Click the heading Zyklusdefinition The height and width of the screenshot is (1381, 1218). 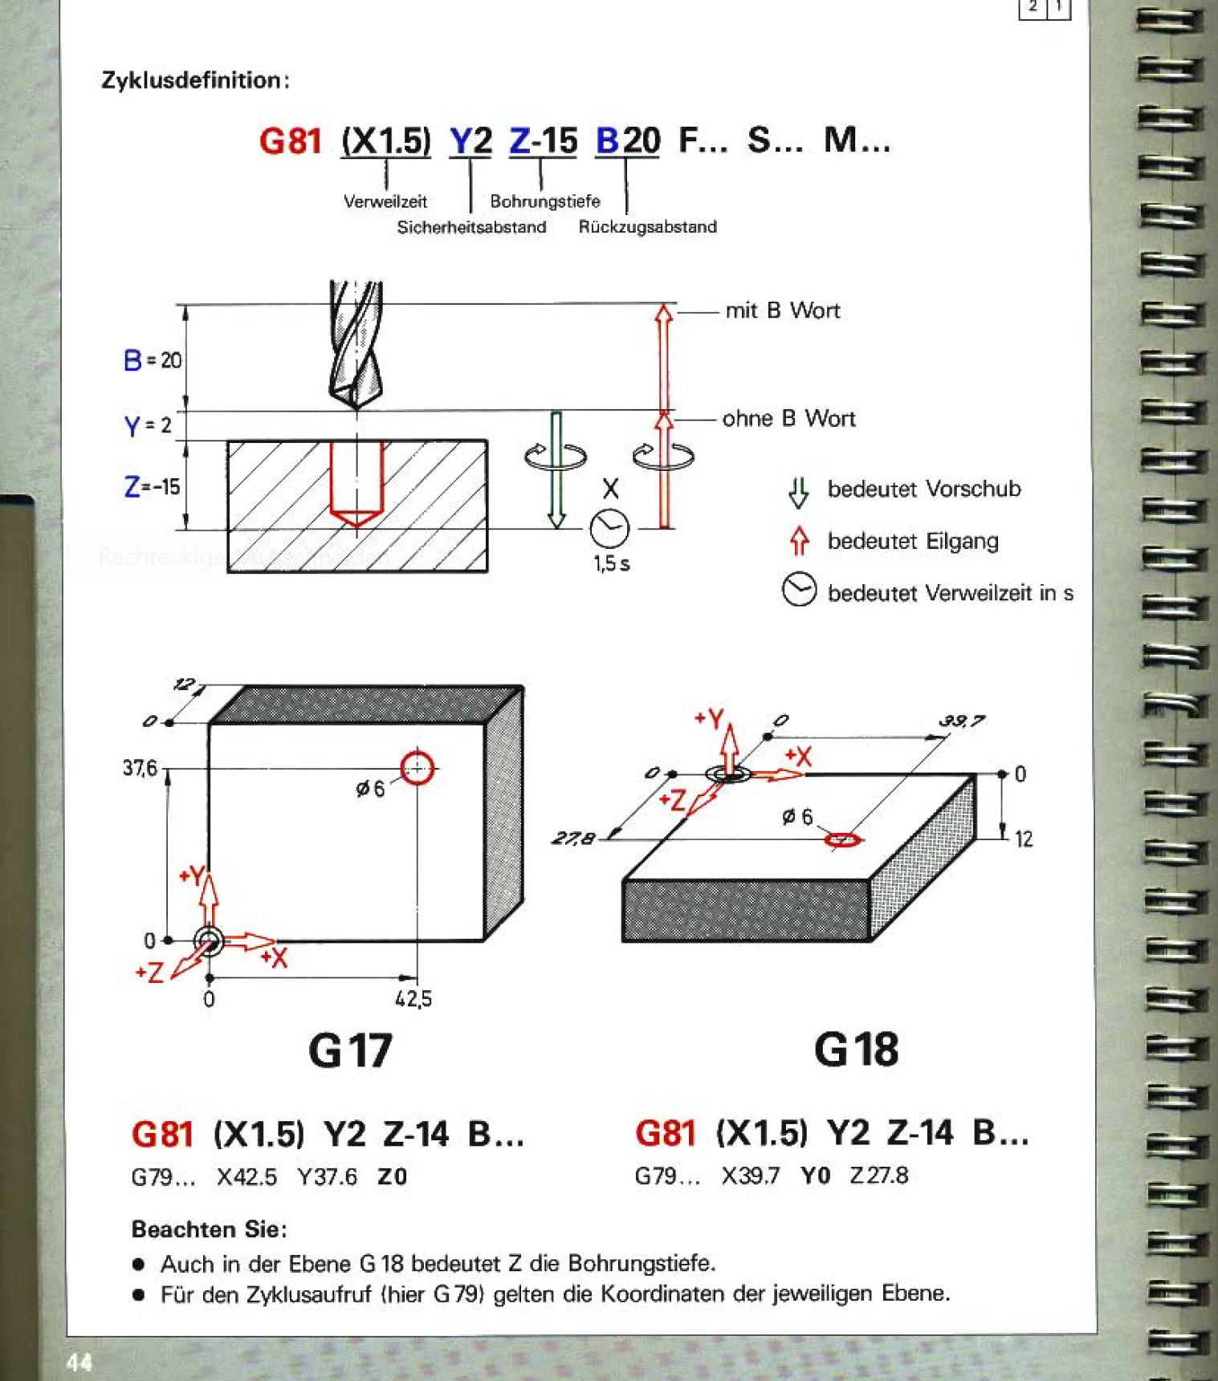(194, 80)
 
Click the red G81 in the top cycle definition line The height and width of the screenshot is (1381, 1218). (290, 141)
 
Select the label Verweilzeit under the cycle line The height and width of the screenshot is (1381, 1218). (385, 201)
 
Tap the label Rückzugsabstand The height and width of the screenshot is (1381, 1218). (647, 227)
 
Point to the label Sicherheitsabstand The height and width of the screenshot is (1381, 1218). (471, 227)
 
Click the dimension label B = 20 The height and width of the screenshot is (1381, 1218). (153, 360)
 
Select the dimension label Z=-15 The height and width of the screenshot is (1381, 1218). (152, 486)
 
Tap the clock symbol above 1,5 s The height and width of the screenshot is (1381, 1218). (609, 528)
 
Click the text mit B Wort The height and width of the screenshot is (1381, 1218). (782, 311)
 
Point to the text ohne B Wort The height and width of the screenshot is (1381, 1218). (788, 418)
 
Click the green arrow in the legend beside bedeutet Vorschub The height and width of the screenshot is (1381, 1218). (798, 491)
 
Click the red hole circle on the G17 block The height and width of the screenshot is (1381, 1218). (417, 768)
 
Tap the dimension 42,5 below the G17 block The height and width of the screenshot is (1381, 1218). (413, 999)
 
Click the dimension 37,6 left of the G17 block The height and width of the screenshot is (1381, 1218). (140, 769)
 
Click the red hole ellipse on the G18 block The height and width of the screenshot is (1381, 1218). (843, 839)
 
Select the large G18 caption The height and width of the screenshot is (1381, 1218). (856, 1050)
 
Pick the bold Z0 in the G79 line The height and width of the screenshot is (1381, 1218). (392, 1177)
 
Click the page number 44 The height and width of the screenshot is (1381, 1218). (79, 1362)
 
